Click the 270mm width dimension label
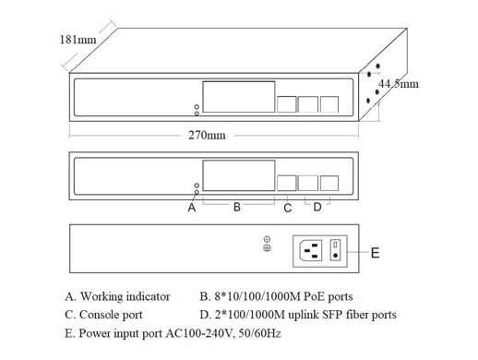pyautogui.click(x=207, y=135)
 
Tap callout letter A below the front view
pyautogui.click(x=192, y=208)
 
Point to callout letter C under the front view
pyautogui.click(x=288, y=208)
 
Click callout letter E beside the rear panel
pyautogui.click(x=374, y=253)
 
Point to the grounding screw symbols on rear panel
pyautogui.click(x=267, y=244)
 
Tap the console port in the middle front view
pyautogui.click(x=288, y=181)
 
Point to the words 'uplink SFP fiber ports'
pyautogui.click(x=342, y=315)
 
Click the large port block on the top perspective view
pyautogui.click(x=239, y=95)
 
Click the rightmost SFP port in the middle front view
pyautogui.click(x=329, y=181)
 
